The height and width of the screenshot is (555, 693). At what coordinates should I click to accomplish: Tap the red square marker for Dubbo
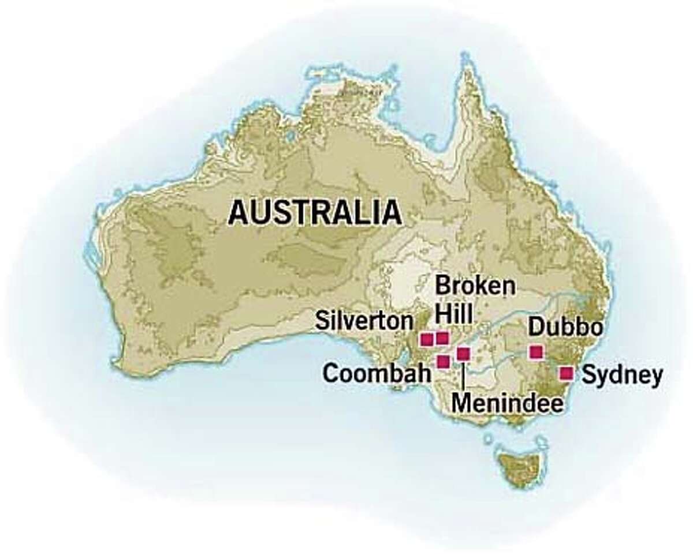tap(536, 351)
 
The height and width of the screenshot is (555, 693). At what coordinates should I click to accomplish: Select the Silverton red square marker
tap(427, 339)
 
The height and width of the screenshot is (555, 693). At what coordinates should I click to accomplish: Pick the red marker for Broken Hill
tap(442, 338)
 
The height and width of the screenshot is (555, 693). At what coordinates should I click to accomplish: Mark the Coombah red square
tap(444, 362)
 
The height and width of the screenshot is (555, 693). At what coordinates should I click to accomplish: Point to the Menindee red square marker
tap(463, 353)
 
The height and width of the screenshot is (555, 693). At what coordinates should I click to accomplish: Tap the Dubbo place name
tap(565, 328)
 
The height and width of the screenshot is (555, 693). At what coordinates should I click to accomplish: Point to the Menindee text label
tap(506, 403)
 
